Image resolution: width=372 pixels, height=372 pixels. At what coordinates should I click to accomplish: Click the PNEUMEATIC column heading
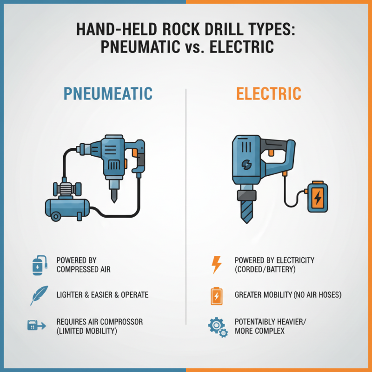click(x=108, y=93)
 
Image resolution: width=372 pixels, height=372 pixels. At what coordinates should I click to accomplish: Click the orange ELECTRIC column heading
click(x=268, y=93)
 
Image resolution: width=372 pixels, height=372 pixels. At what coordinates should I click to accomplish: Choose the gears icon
click(x=217, y=327)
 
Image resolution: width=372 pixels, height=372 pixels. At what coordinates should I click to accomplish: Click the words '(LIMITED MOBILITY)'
click(x=86, y=331)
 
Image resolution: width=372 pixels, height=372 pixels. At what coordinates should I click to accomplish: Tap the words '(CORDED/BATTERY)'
click(x=265, y=269)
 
